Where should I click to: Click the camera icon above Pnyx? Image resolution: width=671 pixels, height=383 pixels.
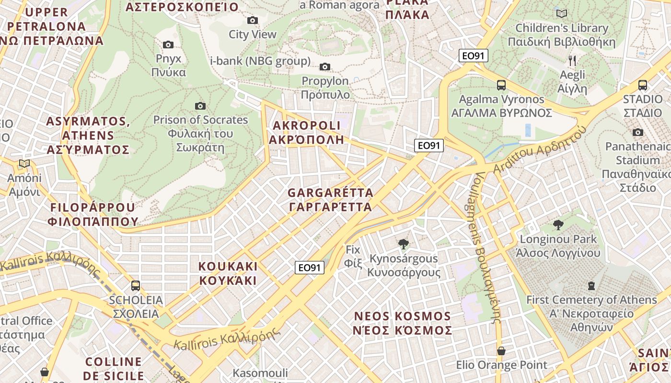168,45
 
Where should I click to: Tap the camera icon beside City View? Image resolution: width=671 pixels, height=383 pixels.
253,20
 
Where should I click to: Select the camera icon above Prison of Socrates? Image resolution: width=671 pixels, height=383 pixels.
200,106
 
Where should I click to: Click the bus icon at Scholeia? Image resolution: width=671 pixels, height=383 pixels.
136,286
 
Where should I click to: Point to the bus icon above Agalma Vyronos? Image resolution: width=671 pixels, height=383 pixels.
501,85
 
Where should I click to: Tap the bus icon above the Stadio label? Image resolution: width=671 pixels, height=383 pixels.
643,85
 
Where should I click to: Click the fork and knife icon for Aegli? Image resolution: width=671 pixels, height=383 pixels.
572,60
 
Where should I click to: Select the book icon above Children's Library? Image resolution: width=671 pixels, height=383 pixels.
562,13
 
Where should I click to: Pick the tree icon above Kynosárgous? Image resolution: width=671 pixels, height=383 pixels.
404,244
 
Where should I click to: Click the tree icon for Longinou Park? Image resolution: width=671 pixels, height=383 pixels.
558,225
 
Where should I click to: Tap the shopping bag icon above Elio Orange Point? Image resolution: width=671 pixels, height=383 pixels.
501,351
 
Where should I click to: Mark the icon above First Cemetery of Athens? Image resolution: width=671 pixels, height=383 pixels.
591,286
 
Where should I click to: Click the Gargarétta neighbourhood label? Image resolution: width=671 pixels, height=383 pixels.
330,200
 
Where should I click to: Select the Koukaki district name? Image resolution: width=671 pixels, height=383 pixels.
228,273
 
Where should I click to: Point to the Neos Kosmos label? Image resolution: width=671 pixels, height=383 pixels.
403,323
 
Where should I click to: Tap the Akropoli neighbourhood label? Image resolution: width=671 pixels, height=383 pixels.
306,133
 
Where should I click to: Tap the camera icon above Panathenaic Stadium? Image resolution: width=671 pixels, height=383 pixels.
637,132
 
